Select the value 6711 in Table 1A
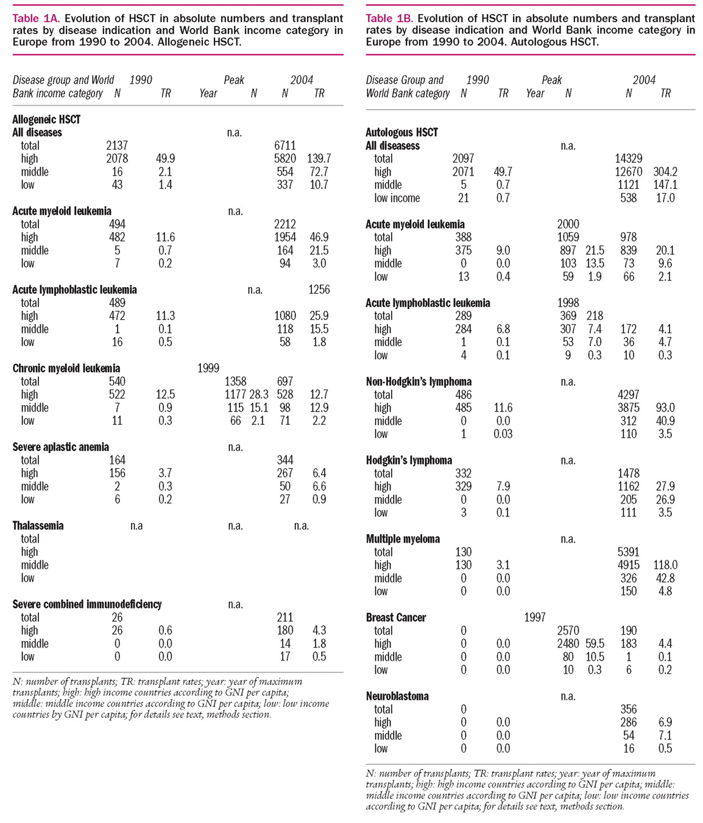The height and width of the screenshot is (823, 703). [x=284, y=146]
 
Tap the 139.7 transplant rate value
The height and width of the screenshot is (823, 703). [x=319, y=159]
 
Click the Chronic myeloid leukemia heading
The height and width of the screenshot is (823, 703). [x=66, y=368]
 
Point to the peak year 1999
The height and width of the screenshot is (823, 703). [x=208, y=368]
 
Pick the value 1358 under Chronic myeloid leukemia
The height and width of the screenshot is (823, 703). [x=236, y=382]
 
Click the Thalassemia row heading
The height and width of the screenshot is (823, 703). [x=38, y=526]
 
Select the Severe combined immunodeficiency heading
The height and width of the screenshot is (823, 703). [x=87, y=604]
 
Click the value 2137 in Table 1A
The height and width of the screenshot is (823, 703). [x=117, y=146]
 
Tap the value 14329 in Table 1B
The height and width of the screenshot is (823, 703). [x=628, y=159]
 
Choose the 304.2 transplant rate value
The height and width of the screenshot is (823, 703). [x=665, y=172]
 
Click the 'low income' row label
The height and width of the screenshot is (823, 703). [x=397, y=198]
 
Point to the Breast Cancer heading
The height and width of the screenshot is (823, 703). [x=396, y=618]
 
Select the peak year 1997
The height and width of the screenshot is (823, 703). [x=535, y=618]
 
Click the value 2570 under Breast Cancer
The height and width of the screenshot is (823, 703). [x=568, y=631]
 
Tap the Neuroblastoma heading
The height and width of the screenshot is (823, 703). [x=397, y=696]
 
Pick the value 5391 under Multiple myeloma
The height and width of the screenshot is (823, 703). [x=628, y=552]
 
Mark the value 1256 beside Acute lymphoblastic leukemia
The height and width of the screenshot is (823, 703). [x=319, y=290]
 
